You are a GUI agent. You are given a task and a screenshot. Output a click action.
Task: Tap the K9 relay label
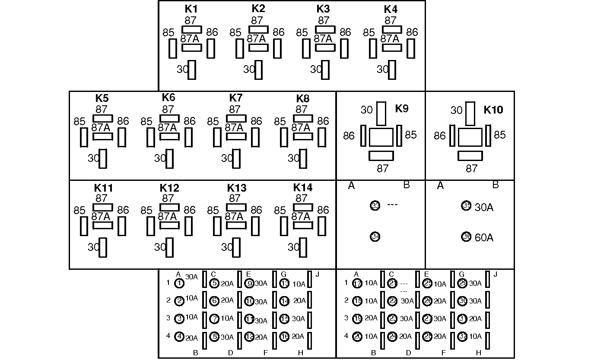tap(402, 108)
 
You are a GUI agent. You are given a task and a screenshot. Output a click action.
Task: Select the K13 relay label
tap(237, 188)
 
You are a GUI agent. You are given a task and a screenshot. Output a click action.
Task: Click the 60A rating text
tap(484, 237)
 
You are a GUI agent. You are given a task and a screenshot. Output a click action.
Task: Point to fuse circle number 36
tap(466, 237)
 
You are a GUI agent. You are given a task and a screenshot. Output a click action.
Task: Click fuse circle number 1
tap(180, 284)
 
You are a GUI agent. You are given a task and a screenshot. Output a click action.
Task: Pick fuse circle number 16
tap(284, 337)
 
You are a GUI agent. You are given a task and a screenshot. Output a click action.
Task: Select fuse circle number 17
tap(357, 284)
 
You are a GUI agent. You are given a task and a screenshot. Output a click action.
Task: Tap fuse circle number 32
tap(462, 337)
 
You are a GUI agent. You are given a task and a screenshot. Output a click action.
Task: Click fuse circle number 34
tap(375, 237)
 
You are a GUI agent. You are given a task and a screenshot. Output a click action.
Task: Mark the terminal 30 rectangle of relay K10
tap(470, 113)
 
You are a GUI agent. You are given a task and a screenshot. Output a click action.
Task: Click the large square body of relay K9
tap(381, 137)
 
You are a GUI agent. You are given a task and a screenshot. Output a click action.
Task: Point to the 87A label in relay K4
tap(390, 38)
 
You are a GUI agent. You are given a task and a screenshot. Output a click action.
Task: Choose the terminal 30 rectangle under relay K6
tap(170, 158)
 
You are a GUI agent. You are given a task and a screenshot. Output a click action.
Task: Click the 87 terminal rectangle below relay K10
tap(470, 156)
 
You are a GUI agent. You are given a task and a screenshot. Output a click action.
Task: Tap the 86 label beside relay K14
tap(323, 210)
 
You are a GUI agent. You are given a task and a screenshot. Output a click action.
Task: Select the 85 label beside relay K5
tap(79, 121)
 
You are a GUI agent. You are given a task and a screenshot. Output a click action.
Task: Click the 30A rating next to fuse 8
tap(227, 337)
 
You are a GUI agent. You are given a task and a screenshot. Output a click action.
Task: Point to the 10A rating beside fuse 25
tap(440, 284)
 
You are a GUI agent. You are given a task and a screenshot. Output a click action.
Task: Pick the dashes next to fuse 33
tap(392, 205)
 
